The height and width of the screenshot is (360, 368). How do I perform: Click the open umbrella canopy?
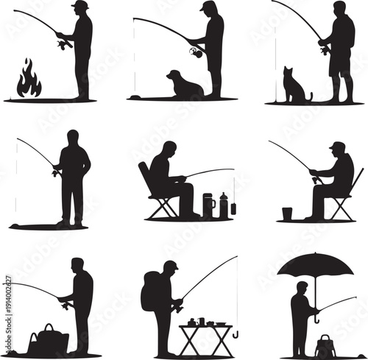[x=315, y=264]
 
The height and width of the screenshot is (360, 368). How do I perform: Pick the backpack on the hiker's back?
[x=150, y=291]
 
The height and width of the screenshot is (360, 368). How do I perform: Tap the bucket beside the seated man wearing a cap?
[x=287, y=213]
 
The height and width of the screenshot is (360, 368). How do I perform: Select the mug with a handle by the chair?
[x=209, y=205]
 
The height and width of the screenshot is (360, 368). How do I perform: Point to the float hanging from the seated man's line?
[x=233, y=208]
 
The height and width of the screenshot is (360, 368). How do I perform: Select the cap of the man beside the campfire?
[x=79, y=5]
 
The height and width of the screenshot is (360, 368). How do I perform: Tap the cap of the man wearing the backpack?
[x=170, y=265]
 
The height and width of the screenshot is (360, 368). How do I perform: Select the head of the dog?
[x=174, y=75]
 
